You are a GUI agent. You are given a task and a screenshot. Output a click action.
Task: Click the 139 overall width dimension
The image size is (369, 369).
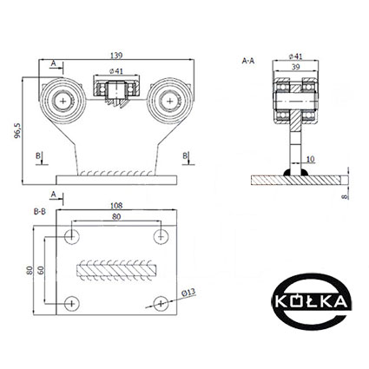(116, 56)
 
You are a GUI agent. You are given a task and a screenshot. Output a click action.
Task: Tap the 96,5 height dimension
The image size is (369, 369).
(17, 130)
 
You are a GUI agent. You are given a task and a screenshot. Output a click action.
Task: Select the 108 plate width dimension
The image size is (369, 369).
(116, 206)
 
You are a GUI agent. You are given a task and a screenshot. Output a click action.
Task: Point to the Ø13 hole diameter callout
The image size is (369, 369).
(188, 293)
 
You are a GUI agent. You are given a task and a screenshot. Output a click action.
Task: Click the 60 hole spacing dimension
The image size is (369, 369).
(41, 270)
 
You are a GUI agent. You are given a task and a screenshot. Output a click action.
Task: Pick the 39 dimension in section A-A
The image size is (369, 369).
(295, 67)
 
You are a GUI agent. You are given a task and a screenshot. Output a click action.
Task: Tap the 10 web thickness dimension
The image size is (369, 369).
(310, 159)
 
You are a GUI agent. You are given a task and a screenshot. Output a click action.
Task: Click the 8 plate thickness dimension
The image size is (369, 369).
(344, 197)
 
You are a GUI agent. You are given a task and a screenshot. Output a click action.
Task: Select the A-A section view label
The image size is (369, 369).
(248, 61)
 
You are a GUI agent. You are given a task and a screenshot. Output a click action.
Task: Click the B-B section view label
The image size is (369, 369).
(40, 212)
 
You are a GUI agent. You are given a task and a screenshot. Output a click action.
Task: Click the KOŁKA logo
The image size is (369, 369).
(312, 302)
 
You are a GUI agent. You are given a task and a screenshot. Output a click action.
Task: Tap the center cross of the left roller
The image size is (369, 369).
(63, 101)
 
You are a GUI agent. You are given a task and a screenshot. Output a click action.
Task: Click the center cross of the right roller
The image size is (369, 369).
(170, 101)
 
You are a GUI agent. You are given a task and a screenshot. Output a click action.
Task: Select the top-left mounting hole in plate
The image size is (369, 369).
(72, 236)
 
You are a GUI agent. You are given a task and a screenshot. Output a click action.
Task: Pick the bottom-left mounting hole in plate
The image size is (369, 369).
(72, 304)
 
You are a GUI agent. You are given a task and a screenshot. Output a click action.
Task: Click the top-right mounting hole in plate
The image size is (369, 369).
(161, 236)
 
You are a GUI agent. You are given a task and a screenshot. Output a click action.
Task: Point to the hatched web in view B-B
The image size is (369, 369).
(116, 270)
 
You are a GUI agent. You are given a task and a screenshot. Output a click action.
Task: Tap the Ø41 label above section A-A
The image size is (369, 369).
(295, 56)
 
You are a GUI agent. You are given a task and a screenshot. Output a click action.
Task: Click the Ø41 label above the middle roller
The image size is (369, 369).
(116, 71)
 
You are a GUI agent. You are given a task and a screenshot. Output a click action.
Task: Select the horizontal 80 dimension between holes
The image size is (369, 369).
(116, 217)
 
